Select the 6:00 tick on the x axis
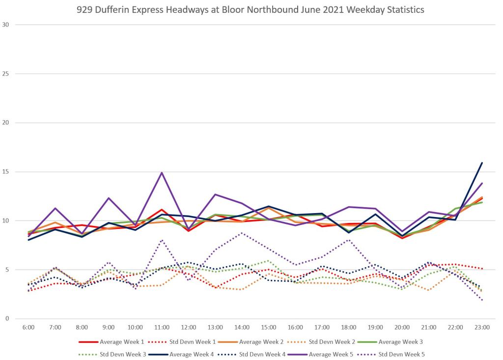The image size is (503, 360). tap(28, 327)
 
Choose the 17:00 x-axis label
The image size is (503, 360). tap(322, 327)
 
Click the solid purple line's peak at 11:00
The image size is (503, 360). tap(162, 172)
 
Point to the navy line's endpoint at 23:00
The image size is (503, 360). tap(482, 163)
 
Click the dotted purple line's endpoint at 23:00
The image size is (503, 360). tap(482, 300)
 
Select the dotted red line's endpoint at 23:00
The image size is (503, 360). tap(482, 269)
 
